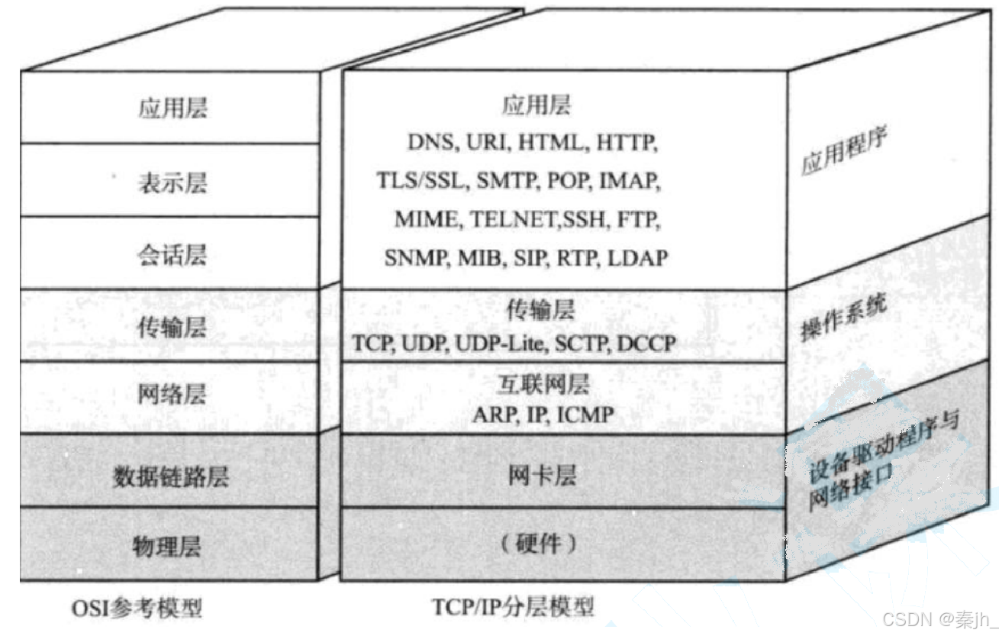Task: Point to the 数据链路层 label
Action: pos(172,477)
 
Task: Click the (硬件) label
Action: pos(538,544)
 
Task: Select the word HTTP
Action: pos(627,143)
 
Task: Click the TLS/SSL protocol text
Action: pos(422,181)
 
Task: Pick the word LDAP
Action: pos(638,259)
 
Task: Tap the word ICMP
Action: pos(586,414)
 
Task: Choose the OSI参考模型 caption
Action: pos(138,609)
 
